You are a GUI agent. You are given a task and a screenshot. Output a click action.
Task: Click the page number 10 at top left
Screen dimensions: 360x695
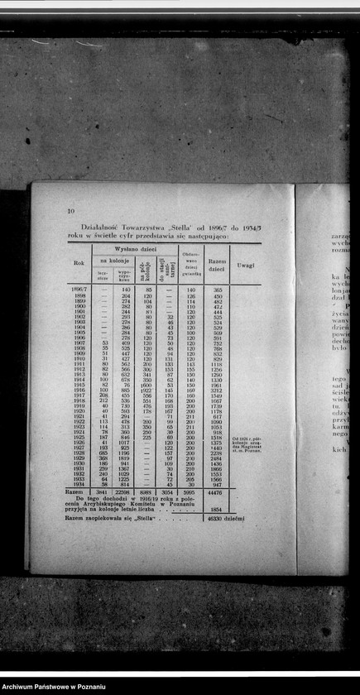[x=71, y=211]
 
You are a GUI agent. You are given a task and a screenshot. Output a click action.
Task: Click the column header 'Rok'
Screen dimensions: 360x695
[x=79, y=263]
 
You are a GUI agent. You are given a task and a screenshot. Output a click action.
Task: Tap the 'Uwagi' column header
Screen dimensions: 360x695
[x=246, y=265]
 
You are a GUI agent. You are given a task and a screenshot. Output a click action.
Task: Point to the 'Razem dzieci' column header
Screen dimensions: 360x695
[x=218, y=265]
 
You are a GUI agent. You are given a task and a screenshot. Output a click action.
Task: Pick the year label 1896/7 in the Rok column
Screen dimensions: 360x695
[x=79, y=290]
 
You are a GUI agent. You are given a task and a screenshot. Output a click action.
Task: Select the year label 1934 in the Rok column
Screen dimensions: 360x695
[x=79, y=483]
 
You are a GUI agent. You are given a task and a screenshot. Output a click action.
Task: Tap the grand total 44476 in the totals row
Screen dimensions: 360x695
[x=218, y=491]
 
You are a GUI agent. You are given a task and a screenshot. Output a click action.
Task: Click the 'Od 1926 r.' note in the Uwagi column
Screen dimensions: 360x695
[x=245, y=438]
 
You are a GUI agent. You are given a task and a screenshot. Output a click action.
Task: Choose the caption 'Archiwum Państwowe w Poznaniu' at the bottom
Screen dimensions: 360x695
[x=55, y=687]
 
